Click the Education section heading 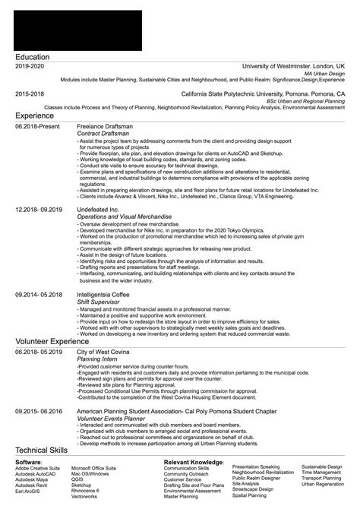(33, 57)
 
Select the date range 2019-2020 (30, 67)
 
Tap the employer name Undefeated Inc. (99, 207)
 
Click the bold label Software (29, 461)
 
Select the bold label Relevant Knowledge (193, 461)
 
